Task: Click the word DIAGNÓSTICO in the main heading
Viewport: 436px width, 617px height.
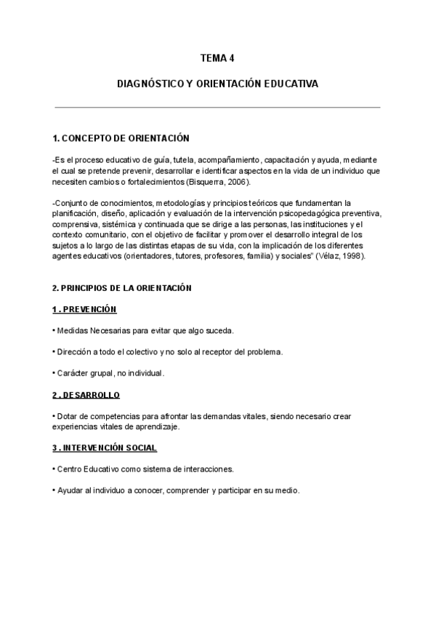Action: point(146,84)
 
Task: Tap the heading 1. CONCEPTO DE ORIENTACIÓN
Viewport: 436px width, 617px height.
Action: point(121,138)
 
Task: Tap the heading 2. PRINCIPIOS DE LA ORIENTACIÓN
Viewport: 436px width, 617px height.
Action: point(122,288)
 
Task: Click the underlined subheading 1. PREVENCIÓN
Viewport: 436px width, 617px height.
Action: point(84,309)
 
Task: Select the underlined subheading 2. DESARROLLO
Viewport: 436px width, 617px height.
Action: point(86,395)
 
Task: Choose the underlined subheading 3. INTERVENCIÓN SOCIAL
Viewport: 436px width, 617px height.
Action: point(105,447)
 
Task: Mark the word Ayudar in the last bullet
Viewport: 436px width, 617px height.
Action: point(69,490)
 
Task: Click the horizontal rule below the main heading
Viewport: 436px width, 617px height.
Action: point(218,108)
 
